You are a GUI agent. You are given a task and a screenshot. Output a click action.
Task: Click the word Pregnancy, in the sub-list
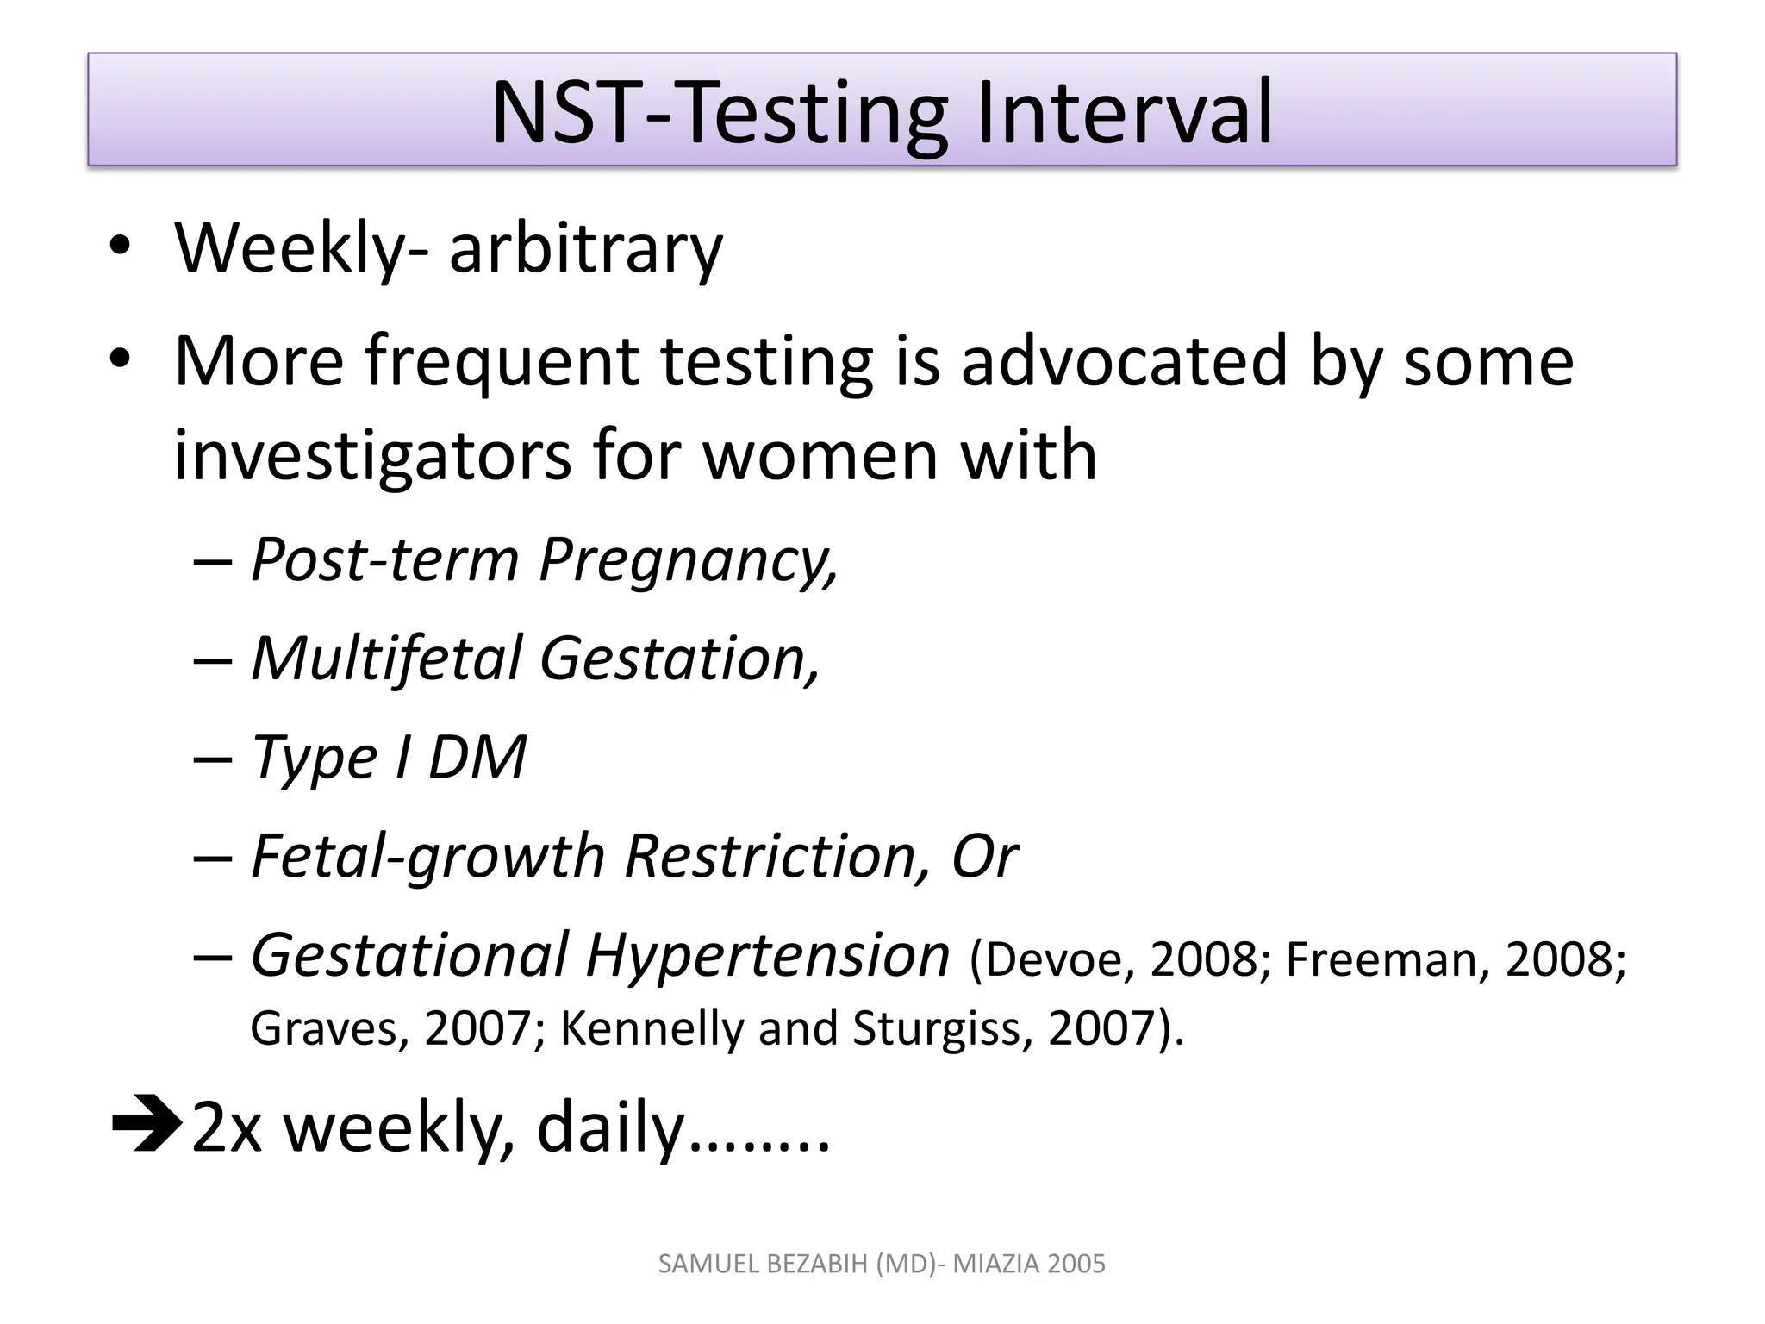pyautogui.click(x=689, y=560)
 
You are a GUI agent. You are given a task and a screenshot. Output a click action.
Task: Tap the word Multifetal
pyautogui.click(x=385, y=659)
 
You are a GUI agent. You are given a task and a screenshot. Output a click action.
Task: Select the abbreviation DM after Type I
pyautogui.click(x=477, y=758)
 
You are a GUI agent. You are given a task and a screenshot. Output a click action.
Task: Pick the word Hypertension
pyautogui.click(x=767, y=956)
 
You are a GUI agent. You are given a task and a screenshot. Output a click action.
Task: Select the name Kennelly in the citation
pyautogui.click(x=651, y=1028)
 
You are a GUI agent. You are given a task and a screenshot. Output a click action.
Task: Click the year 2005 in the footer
pyautogui.click(x=1077, y=1264)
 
